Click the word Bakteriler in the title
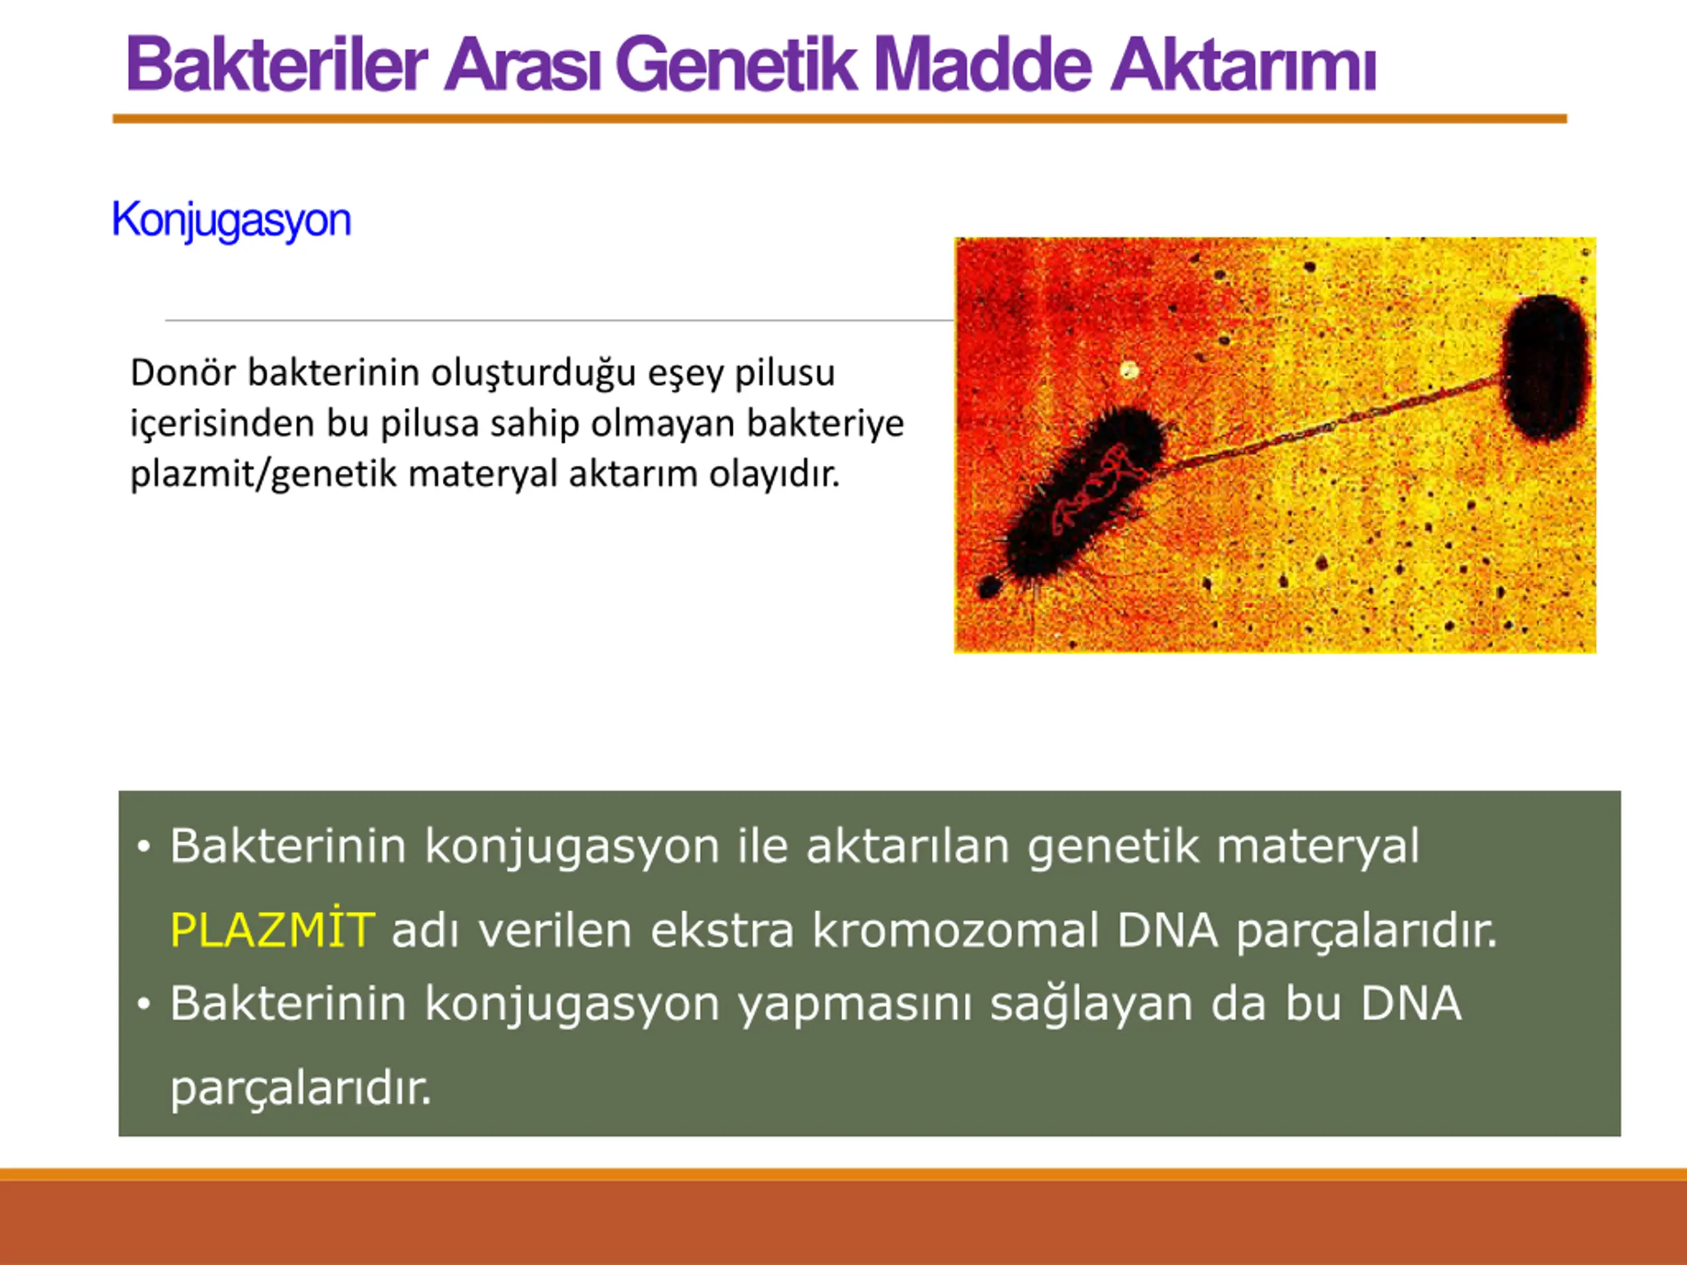click(277, 65)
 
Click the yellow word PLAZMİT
click(272, 930)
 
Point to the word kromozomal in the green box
click(955, 930)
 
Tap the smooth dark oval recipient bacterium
click(1547, 368)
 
